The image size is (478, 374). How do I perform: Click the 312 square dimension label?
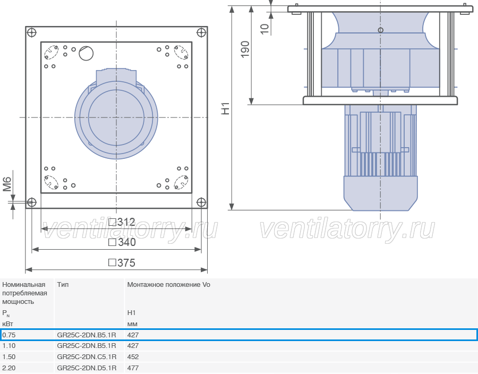coord(122,222)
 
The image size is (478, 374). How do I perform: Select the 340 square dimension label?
coord(122,242)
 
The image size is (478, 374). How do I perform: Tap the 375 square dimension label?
coord(122,263)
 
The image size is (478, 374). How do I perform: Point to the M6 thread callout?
coord(7,184)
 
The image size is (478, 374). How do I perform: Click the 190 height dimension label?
coord(245,49)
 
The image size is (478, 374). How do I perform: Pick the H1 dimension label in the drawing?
coord(225,108)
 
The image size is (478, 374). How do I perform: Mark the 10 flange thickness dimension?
coord(264,29)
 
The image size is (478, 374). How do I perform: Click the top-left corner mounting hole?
coord(32,32)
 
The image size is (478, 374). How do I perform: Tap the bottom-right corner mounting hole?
coord(201,202)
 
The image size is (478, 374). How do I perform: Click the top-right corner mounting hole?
coord(201,32)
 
